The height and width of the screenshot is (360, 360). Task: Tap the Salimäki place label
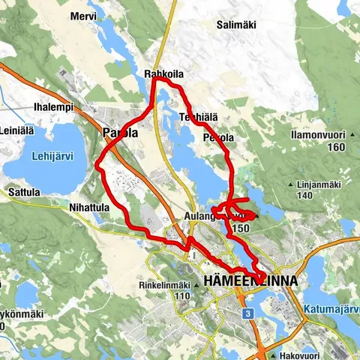[x=237, y=25]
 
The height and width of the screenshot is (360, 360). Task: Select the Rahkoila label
[x=163, y=73]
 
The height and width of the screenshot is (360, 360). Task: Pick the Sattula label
[x=23, y=192]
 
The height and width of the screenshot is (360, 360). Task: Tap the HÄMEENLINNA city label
[x=250, y=280]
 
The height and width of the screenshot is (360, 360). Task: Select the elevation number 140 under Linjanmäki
[x=304, y=196]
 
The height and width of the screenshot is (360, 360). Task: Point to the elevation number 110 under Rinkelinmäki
[x=182, y=295]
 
